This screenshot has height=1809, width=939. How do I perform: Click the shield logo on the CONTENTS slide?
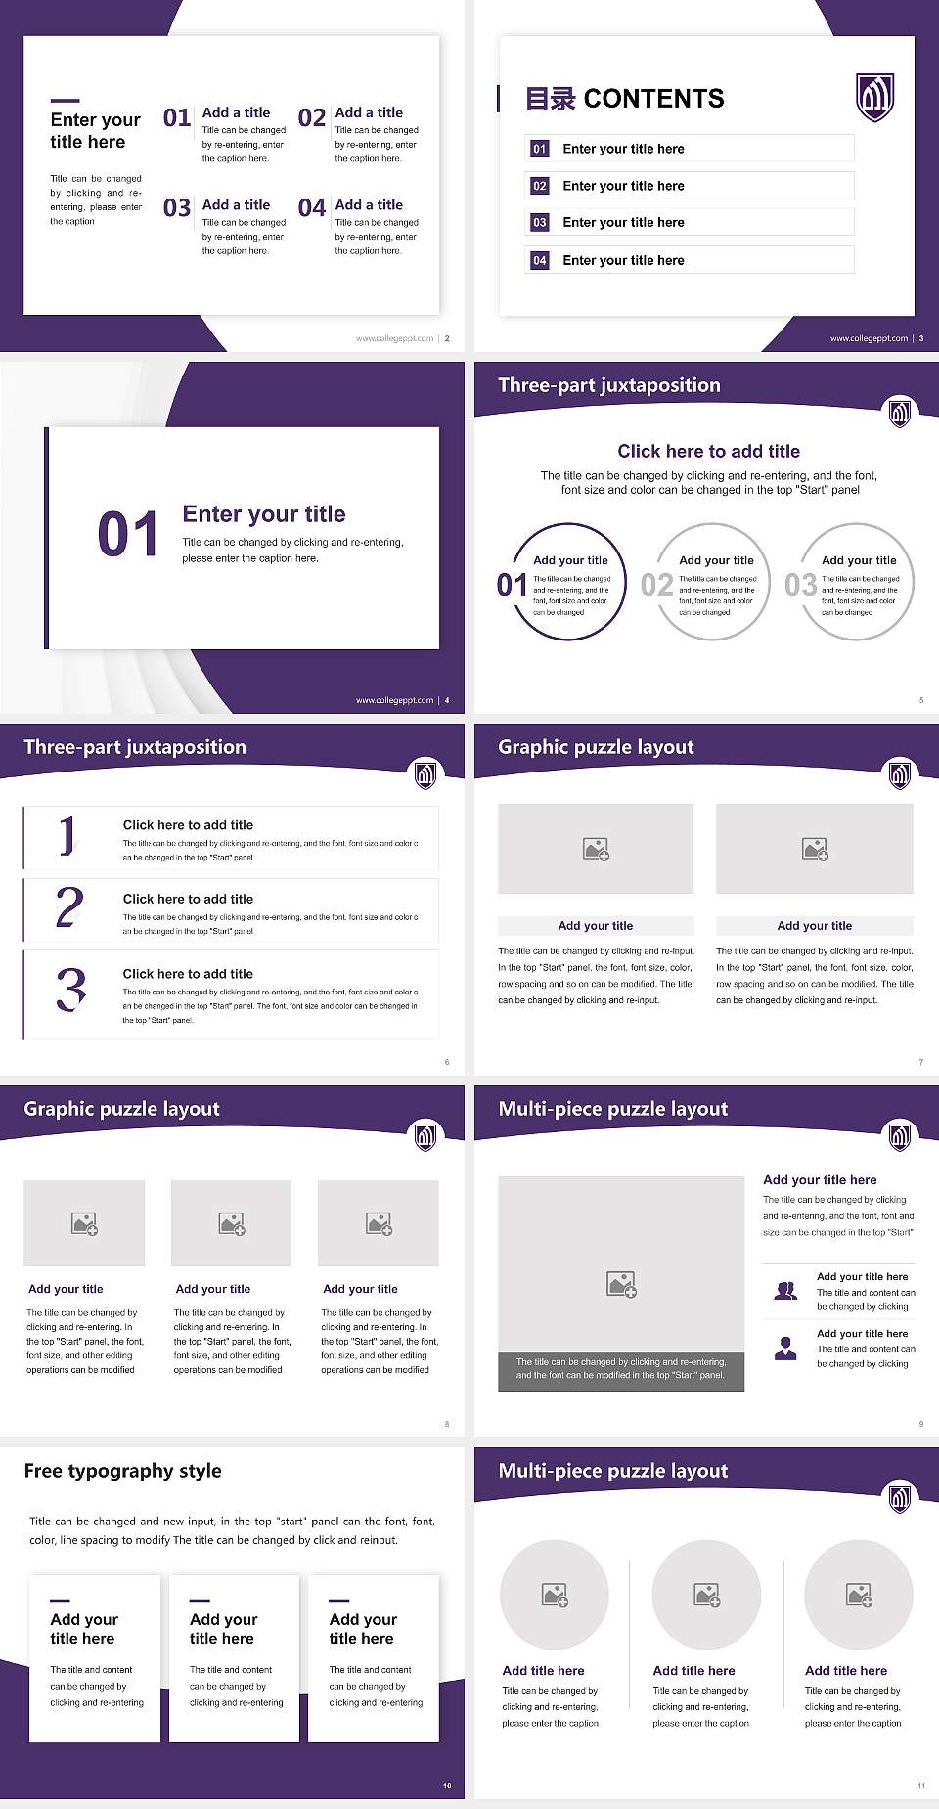coord(875,97)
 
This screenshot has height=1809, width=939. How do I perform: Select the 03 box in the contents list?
coord(540,223)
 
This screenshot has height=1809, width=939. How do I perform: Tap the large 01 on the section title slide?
coord(127,535)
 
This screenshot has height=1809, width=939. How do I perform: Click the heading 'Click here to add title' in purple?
coord(708,451)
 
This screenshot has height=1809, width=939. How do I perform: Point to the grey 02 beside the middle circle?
coord(656,585)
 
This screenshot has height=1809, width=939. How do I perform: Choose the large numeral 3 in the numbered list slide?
coord(70,989)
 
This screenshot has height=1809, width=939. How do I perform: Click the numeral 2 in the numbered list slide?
coord(69,907)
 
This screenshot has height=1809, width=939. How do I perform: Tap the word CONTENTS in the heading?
coord(653,99)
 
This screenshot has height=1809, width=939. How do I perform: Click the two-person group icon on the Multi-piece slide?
coord(785,1291)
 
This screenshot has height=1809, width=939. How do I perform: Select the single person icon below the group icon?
coord(785,1348)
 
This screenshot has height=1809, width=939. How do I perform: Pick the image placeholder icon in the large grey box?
coord(621,1284)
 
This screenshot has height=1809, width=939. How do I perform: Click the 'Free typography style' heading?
coord(122,1471)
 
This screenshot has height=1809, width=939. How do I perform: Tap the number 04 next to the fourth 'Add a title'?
coord(312,208)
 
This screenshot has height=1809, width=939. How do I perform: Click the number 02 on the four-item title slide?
coord(312,118)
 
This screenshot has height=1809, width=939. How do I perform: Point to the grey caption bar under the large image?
coord(621,1368)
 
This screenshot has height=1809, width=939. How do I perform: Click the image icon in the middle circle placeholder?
coord(706,1595)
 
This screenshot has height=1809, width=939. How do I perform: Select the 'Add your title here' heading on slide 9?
coord(820,1180)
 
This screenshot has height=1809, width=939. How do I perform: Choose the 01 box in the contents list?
coord(540,149)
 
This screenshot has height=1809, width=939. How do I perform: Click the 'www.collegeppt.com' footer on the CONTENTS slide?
coord(869,338)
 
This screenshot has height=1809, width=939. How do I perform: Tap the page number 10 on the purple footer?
coord(447,1786)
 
